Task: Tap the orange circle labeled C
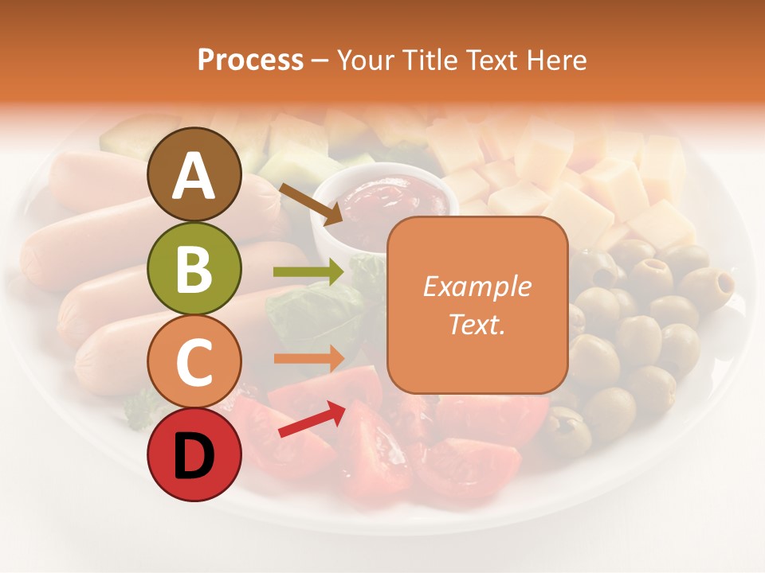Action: pyautogui.click(x=194, y=361)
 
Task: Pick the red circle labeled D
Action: pyautogui.click(x=194, y=454)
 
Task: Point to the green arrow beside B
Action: pyautogui.click(x=308, y=272)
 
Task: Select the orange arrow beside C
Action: pyautogui.click(x=308, y=358)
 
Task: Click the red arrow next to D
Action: pyautogui.click(x=312, y=419)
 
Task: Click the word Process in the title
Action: pyautogui.click(x=250, y=60)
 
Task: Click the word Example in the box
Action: pyautogui.click(x=477, y=286)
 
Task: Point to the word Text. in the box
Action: pyautogui.click(x=477, y=324)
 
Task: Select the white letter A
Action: pyautogui.click(x=194, y=176)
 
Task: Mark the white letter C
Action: pyautogui.click(x=194, y=363)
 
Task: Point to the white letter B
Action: pyautogui.click(x=194, y=269)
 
